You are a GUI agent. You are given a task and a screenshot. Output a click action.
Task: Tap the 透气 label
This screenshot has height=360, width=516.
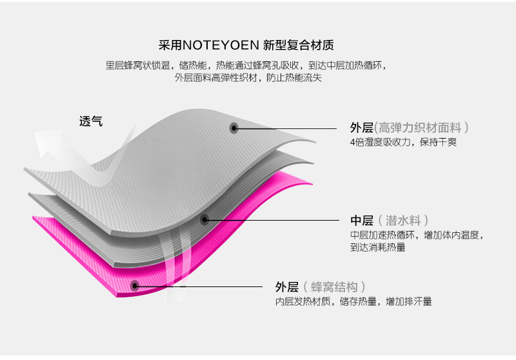(91, 121)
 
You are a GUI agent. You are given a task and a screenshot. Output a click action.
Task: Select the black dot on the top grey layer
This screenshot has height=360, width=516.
(234, 128)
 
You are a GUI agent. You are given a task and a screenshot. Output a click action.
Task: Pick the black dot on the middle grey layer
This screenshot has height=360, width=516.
(204, 219)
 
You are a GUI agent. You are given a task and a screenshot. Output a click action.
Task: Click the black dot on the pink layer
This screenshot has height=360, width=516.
(134, 285)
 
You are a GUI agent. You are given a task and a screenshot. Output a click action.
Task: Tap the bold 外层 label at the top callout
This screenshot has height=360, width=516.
(362, 128)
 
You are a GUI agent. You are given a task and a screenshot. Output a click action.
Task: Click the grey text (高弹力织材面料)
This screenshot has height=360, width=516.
(422, 128)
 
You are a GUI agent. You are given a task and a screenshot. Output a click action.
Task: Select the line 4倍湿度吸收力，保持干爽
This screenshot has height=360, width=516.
(403, 143)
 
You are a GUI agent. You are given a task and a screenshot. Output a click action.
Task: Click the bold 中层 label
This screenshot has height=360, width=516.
(362, 220)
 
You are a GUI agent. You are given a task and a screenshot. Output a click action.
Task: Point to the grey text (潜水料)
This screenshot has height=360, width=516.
(403, 220)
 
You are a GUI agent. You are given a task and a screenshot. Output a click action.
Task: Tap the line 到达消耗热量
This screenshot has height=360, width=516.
(378, 247)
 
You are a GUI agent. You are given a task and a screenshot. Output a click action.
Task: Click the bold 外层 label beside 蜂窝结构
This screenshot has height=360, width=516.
(287, 287)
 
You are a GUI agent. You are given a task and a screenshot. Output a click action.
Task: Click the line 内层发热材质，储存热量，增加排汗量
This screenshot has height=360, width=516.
(353, 301)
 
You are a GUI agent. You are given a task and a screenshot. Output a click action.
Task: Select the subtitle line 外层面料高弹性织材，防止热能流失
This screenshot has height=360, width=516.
(248, 78)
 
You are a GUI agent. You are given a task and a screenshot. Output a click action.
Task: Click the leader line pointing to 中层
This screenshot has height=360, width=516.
(277, 219)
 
